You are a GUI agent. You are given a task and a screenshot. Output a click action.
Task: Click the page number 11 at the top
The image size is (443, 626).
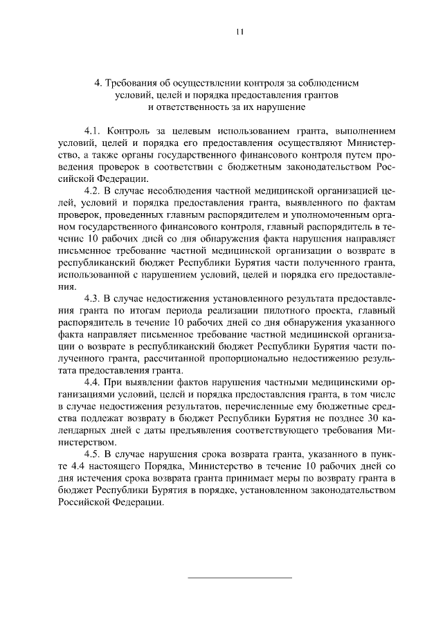click(x=239, y=32)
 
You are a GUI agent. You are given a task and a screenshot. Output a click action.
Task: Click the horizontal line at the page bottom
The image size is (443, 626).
click(x=240, y=577)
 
